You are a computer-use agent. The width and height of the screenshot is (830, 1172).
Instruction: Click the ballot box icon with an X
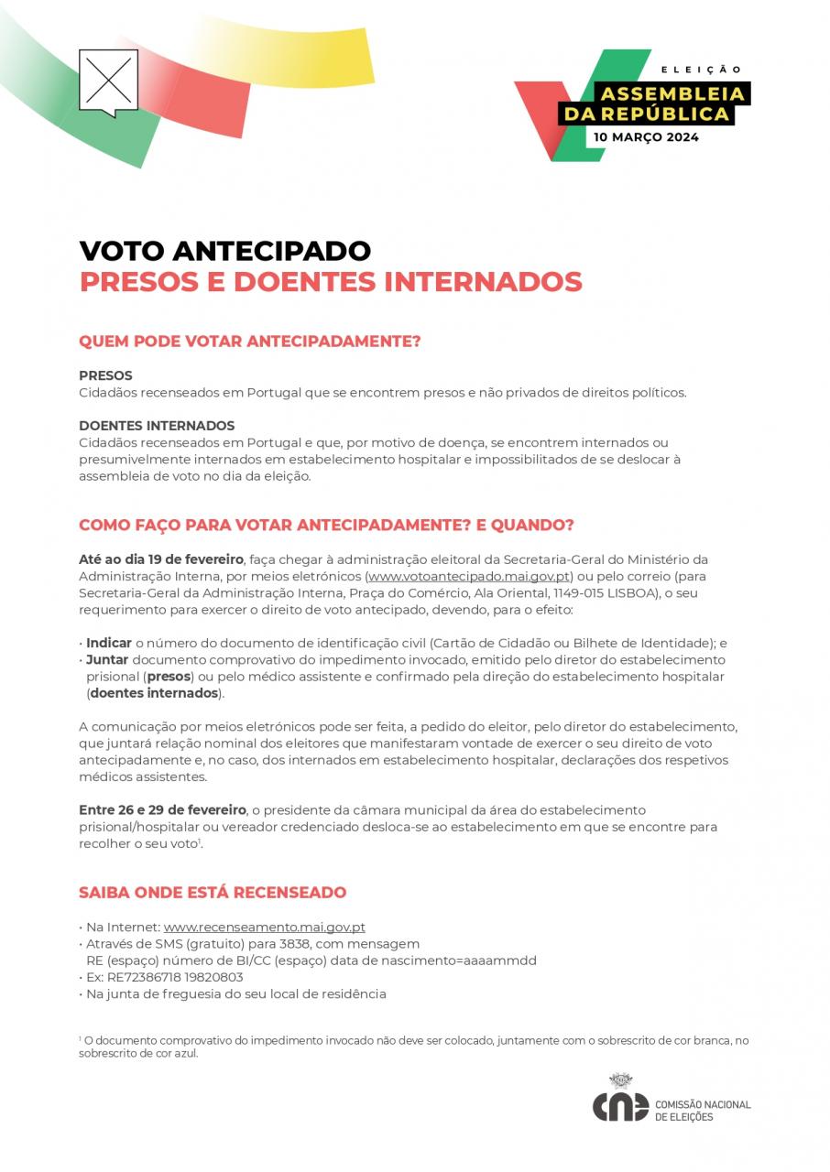coord(108,81)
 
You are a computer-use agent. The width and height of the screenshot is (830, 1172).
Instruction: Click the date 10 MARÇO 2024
coord(646,137)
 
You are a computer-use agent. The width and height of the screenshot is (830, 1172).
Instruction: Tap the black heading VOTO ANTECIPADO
coord(224,250)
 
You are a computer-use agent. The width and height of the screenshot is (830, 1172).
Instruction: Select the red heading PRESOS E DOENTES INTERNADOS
coord(331,281)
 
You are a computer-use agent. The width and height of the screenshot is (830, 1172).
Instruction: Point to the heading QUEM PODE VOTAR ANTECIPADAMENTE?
coord(249,342)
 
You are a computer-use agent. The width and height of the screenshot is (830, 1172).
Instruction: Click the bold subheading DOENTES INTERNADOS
coord(157,426)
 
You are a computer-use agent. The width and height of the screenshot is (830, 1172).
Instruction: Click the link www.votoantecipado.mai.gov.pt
coord(469,576)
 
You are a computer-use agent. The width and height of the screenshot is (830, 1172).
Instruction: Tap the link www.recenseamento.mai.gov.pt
coord(264,927)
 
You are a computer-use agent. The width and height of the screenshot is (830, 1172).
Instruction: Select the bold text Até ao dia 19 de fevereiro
coord(161,559)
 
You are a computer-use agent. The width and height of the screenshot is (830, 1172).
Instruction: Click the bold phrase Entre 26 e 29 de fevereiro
coord(162,810)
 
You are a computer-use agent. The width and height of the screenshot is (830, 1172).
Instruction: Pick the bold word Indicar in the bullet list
coord(109,643)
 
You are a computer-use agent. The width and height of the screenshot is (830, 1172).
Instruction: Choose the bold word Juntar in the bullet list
coord(107,659)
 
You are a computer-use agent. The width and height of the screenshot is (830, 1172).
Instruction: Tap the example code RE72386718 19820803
coord(175,977)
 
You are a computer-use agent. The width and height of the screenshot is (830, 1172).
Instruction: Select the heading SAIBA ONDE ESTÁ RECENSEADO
coord(213,892)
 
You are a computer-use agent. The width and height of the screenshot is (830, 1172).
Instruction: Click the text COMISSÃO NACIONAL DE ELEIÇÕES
coord(703,1111)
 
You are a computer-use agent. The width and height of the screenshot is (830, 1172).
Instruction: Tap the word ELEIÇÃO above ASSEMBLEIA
coord(701,70)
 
